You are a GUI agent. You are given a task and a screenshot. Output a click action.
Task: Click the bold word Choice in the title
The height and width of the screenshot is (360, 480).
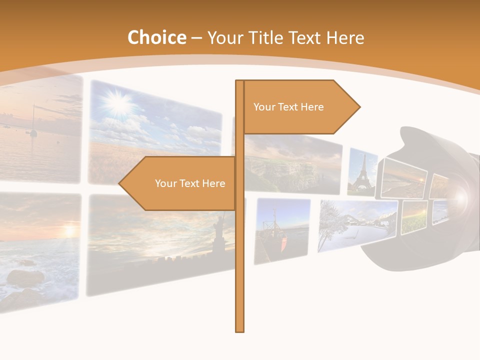(156, 37)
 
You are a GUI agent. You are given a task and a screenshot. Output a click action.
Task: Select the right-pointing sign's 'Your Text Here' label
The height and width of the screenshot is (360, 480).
(288, 107)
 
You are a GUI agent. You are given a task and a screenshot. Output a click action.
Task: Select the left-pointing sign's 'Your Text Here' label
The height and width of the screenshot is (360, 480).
(190, 183)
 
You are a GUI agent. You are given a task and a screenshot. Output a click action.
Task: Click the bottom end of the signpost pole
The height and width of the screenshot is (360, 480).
(240, 330)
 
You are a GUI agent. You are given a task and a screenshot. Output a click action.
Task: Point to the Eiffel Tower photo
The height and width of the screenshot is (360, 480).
(362, 172)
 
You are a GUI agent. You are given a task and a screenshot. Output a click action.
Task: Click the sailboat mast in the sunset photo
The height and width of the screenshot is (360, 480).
(33, 120)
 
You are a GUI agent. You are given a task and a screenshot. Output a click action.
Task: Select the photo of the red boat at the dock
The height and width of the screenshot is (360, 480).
(281, 230)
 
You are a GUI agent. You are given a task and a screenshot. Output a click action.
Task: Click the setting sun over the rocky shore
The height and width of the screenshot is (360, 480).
(68, 231)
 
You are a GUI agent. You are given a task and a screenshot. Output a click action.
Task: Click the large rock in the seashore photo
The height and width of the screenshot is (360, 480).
(25, 277)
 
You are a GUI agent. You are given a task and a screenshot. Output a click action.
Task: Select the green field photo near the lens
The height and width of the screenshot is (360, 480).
(414, 217)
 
